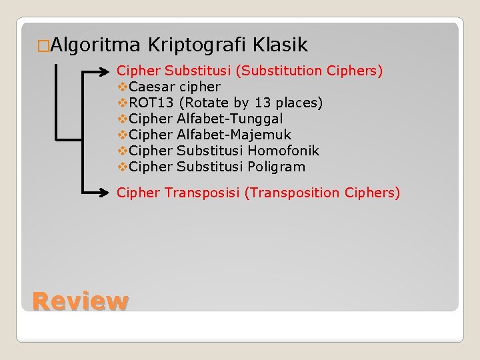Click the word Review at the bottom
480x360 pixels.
[x=79, y=301]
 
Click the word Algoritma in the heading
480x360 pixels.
[x=95, y=45]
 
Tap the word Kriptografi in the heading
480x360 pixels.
[x=197, y=45]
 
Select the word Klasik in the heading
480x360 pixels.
[x=280, y=45]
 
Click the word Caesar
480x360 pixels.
[x=153, y=87]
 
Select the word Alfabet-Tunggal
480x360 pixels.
[x=230, y=119]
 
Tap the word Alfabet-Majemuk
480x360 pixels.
[x=234, y=135]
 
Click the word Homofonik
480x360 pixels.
[x=283, y=151]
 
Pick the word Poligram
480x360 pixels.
[x=276, y=167]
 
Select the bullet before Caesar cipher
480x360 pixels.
[x=122, y=87]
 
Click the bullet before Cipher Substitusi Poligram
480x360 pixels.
[x=122, y=167]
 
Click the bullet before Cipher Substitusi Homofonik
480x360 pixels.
[x=122, y=151]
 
